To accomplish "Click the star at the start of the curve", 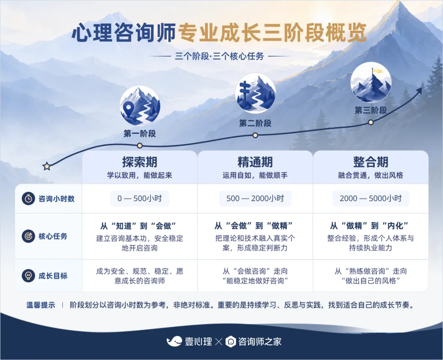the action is click(47, 166).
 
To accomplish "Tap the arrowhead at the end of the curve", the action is click(419, 90).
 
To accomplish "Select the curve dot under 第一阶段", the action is click(139, 146).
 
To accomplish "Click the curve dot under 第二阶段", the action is click(255, 135).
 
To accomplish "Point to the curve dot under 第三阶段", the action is click(371, 122).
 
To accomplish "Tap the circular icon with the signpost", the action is click(255, 93).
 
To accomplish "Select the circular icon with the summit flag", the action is click(371, 82).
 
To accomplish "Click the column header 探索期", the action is click(139, 162).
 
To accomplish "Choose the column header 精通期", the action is click(255, 162).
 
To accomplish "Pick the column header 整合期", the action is click(371, 162).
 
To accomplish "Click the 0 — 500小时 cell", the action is click(139, 199).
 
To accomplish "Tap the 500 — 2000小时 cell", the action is click(255, 199).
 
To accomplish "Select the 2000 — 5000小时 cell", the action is click(371, 199).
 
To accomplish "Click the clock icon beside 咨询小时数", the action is click(28, 199).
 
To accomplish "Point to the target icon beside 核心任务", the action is click(28, 236).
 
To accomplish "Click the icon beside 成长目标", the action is click(28, 276).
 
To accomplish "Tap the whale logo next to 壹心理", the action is click(174, 342).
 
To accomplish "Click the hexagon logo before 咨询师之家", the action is click(231, 342).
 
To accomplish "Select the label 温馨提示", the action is click(41, 305).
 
